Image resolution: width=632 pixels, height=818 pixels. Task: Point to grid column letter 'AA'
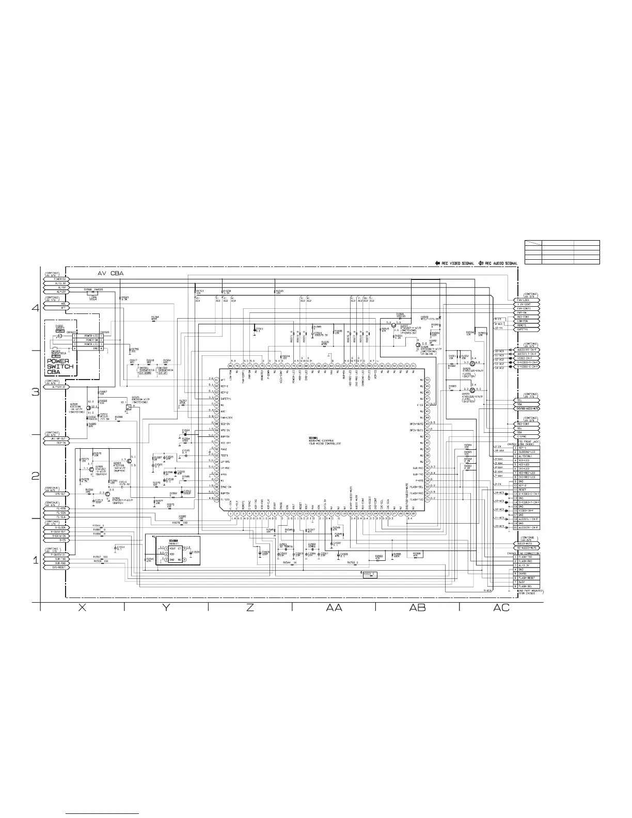point(334,607)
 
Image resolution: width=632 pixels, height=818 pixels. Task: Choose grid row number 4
point(35,308)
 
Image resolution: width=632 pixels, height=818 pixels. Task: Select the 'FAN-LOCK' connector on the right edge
point(527,300)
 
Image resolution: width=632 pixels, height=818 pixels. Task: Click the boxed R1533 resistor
point(370,574)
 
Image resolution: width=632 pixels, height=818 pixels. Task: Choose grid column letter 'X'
point(82,607)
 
